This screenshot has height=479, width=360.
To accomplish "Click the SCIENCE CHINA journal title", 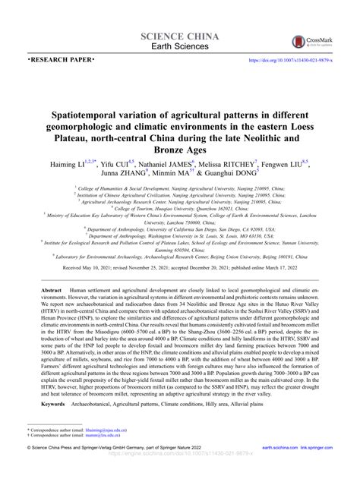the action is click(180, 36).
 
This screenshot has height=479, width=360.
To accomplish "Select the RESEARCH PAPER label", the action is click(61, 58).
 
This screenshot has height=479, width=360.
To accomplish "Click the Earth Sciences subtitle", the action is click(180, 47).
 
